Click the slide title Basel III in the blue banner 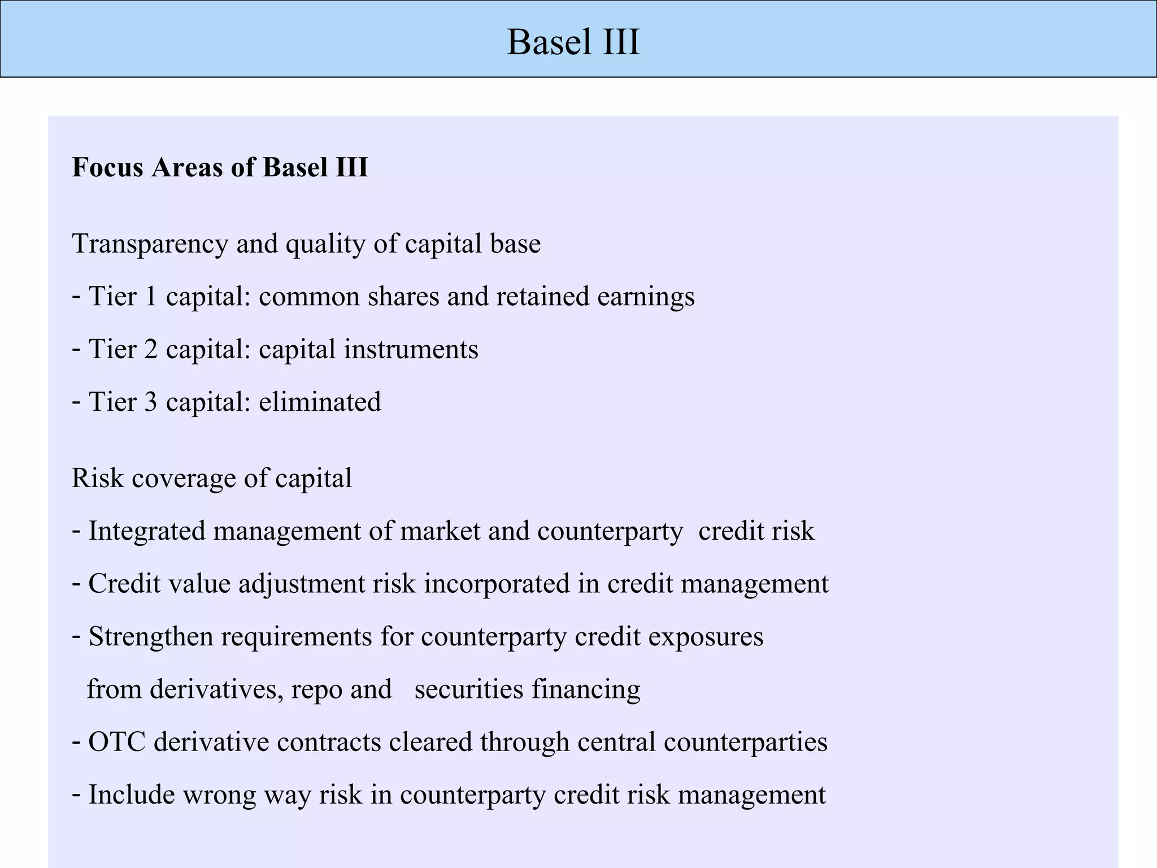pyautogui.click(x=573, y=42)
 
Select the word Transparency pyautogui.click(x=150, y=244)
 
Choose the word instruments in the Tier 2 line pyautogui.click(x=411, y=349)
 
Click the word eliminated pyautogui.click(x=320, y=402)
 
